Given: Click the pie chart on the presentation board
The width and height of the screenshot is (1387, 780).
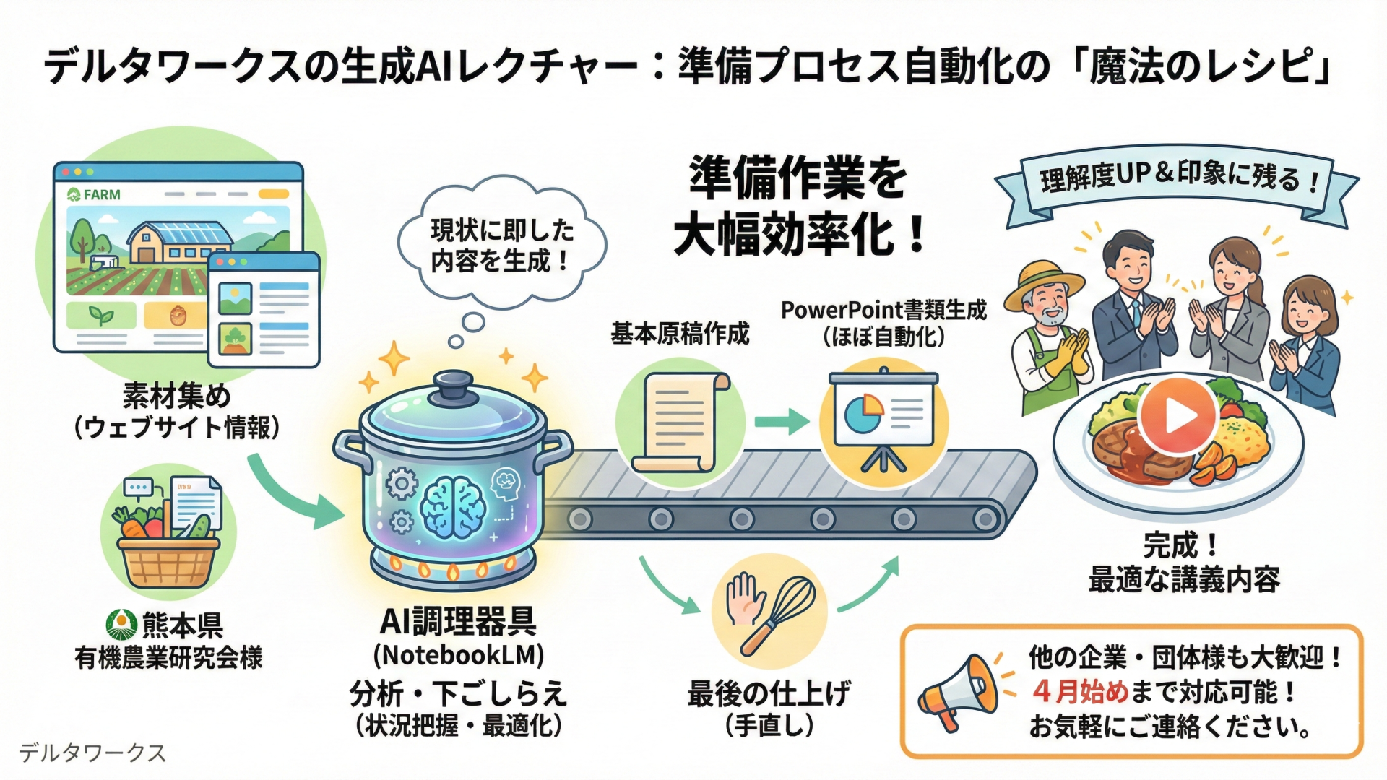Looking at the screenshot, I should click(863, 413).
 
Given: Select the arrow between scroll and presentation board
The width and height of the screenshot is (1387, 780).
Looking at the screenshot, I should click(782, 421).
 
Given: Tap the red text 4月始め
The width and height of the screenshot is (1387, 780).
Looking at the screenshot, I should click(1079, 691).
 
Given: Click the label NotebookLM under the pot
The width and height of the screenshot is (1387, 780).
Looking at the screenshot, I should click(458, 655).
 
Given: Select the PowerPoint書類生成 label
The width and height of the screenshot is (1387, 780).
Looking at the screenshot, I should click(883, 311).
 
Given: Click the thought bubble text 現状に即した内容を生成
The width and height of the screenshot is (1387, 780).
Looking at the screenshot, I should click(502, 246).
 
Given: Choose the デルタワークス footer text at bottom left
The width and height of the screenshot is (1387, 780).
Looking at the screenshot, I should click(92, 753).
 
